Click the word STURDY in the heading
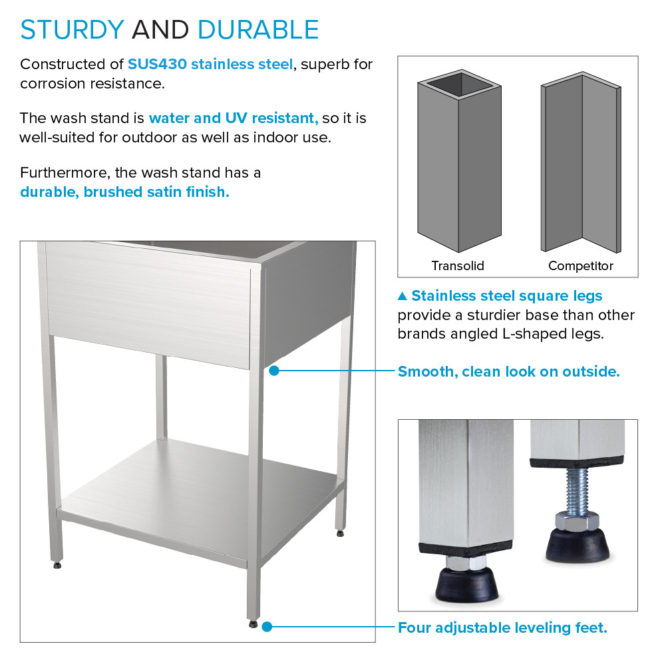tap(72, 30)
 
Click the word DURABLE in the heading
tap(258, 30)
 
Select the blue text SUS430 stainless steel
tap(210, 65)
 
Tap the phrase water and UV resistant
tap(233, 118)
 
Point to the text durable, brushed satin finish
tap(124, 192)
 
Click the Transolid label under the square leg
tap(458, 266)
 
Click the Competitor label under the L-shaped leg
tap(580, 266)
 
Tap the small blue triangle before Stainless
tap(402, 296)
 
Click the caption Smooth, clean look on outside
tap(508, 371)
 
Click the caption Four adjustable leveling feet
tap(502, 627)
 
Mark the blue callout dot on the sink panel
tap(273, 371)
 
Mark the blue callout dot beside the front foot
tap(267, 627)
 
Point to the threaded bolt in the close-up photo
tap(575, 491)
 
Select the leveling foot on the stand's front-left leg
tap(58, 566)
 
